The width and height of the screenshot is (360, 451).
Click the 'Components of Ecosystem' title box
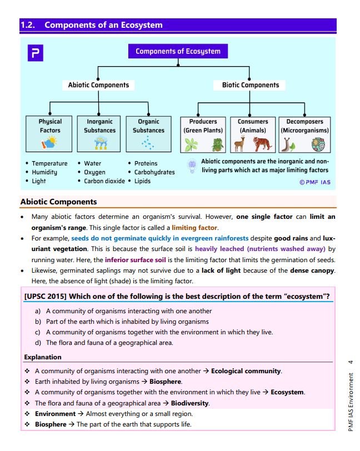click(178, 52)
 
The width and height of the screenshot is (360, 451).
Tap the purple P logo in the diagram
click(36, 53)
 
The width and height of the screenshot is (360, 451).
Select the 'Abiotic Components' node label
click(98, 85)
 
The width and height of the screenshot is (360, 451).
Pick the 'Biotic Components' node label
click(251, 85)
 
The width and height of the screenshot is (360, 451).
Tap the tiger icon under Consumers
click(263, 144)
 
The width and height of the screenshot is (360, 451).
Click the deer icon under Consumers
click(239, 144)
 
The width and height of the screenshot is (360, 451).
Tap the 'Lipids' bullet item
click(142, 181)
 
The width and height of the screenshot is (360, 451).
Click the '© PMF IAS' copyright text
click(314, 182)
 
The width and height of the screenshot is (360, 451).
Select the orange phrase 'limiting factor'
click(194, 228)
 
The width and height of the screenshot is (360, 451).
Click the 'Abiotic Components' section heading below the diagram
click(58, 202)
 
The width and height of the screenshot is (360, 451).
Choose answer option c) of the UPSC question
click(158, 332)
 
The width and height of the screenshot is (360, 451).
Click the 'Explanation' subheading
click(43, 357)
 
